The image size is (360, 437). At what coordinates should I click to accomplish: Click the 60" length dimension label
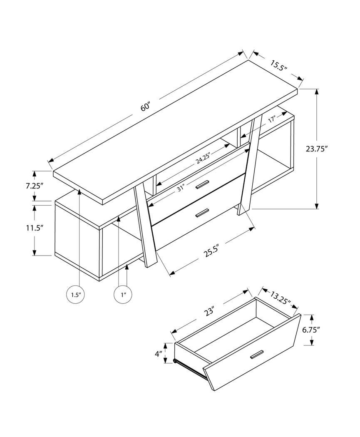point(145,107)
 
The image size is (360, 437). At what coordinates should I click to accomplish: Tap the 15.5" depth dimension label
point(278,66)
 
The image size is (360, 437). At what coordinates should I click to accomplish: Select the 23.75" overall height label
point(317,149)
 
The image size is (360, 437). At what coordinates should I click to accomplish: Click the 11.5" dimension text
point(34,228)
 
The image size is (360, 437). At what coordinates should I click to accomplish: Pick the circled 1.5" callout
point(75,295)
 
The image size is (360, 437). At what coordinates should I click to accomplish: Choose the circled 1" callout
point(123,295)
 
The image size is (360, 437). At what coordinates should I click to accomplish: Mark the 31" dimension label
point(180,188)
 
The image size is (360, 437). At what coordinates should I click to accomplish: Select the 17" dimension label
point(272,120)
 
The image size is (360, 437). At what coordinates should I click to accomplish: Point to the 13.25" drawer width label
point(280,298)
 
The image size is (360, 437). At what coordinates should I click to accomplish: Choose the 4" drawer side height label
point(158,354)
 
